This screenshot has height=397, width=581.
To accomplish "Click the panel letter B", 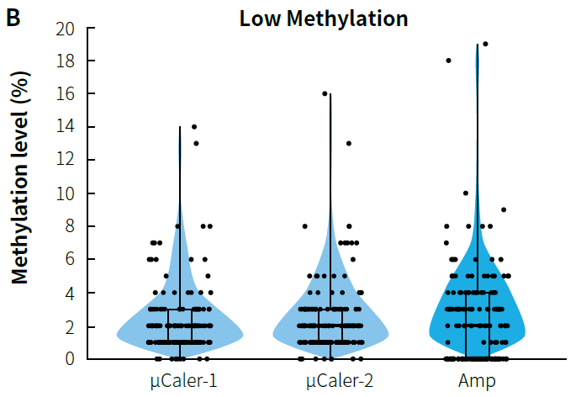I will tap(13, 17).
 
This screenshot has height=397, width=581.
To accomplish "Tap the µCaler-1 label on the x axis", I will tap(179, 381).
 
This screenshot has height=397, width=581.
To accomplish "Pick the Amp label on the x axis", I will tap(478, 381).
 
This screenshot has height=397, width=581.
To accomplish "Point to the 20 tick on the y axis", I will tap(65, 29).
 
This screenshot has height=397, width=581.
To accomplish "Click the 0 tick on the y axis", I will tap(70, 359).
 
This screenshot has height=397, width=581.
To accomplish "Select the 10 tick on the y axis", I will tap(65, 193).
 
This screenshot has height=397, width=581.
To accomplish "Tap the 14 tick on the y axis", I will tap(65, 128).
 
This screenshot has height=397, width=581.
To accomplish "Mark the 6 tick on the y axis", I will tap(70, 260).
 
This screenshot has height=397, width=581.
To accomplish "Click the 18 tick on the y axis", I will tap(65, 61).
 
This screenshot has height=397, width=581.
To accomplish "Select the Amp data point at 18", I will tap(448, 61).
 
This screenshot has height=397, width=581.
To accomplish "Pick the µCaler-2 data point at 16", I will tap(325, 93).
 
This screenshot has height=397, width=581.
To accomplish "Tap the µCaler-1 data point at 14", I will tap(194, 127).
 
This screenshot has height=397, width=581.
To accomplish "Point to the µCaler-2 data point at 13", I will tap(348, 143).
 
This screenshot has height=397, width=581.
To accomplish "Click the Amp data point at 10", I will tap(465, 193).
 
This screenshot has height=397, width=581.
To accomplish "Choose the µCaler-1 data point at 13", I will tap(196, 143).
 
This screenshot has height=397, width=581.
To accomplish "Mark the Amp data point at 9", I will tap(503, 209).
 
